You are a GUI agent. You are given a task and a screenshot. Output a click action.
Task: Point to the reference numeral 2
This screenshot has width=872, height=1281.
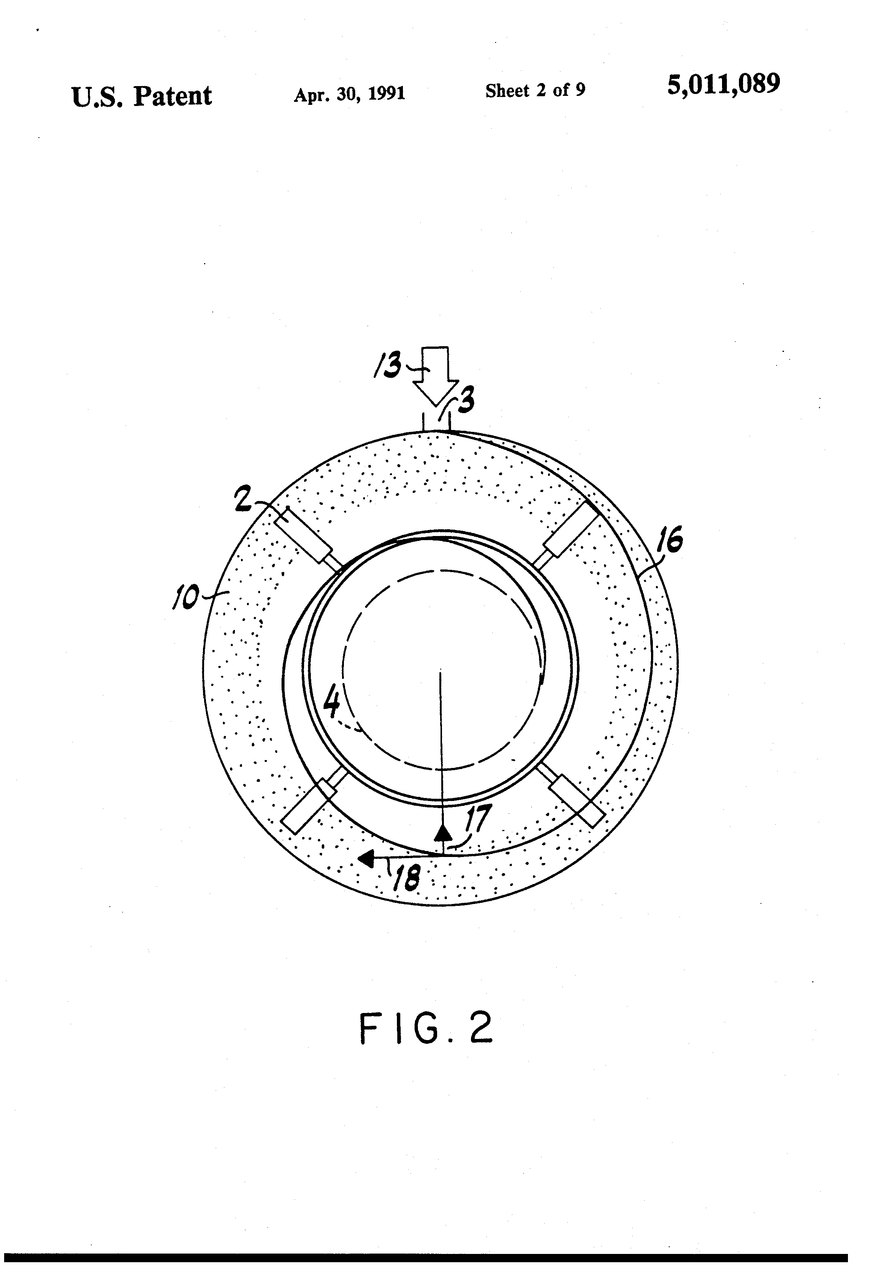click(x=243, y=498)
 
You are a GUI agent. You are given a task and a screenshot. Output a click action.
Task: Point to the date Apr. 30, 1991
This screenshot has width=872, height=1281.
click(x=350, y=94)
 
